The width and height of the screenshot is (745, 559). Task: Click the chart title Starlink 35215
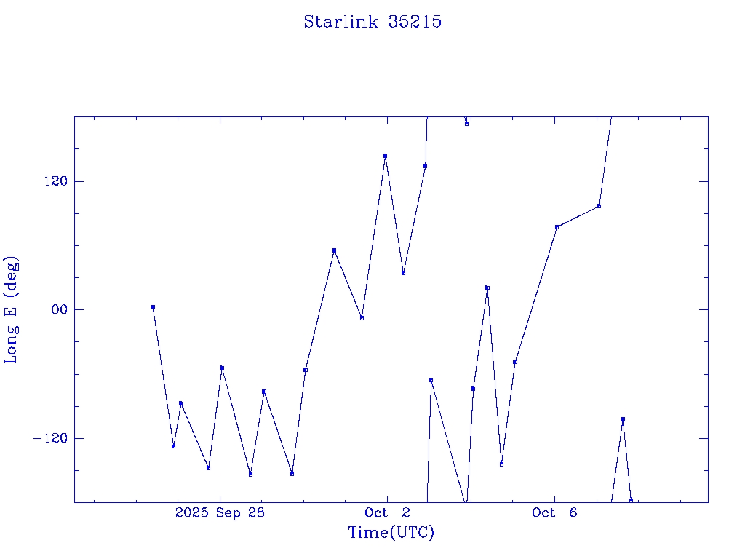pos(372,22)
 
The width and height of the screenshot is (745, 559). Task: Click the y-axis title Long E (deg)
pos(12,309)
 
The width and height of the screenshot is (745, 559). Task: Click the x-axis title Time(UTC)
pos(391,533)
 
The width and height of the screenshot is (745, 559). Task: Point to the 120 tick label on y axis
pos(55,181)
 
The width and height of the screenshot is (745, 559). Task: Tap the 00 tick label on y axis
pos(58,309)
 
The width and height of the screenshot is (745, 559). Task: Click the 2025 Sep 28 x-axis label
pos(220,512)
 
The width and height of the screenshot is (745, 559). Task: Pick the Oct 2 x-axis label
pos(387,512)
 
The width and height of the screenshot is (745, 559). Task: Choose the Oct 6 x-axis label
pos(554,512)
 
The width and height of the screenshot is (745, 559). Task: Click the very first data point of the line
pos(153,307)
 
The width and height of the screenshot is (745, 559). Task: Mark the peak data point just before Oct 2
pos(385,156)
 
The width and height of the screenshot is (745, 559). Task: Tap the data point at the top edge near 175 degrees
pos(466,124)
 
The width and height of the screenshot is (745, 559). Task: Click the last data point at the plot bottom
pos(631,500)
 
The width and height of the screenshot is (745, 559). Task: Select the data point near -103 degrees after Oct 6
pos(623,419)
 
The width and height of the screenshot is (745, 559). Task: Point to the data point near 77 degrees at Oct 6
pos(557,227)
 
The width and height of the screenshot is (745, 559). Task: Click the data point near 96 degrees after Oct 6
pos(599,206)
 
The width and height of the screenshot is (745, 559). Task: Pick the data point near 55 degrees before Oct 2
pos(334,250)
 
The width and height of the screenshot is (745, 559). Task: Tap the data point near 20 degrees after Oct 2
pos(487,288)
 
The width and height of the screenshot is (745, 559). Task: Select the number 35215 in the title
pos(415,22)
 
